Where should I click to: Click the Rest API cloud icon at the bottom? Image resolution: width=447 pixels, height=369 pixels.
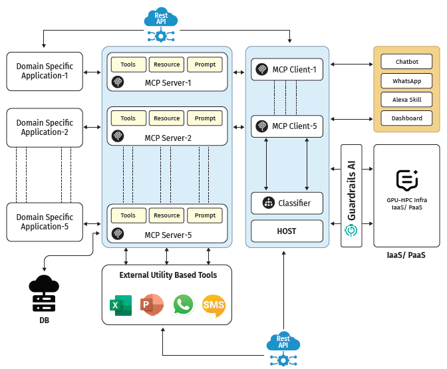pos(283,345)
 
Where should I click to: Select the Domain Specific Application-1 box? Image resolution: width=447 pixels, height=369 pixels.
pos(45,71)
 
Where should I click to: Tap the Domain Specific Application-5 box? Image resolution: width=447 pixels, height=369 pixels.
pos(45,222)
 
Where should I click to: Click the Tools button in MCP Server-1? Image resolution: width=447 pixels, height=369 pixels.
pos(128,64)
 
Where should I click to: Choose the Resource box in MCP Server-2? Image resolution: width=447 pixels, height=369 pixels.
pos(166,118)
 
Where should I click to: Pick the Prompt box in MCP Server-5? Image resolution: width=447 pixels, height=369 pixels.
pos(205,215)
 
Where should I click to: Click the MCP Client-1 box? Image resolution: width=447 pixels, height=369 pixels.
pos(287,70)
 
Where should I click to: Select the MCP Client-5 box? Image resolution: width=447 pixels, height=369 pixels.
pos(287,126)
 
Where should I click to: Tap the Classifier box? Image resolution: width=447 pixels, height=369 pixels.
pos(287,203)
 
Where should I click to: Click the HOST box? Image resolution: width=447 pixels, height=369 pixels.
pos(287,231)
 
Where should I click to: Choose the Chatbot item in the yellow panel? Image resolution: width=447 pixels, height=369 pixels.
pos(406,62)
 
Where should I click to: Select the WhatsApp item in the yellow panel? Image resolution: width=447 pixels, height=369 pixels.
pos(406,81)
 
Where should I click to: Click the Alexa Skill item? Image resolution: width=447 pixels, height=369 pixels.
pos(406,100)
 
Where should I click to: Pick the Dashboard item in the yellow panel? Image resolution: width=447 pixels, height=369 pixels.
pos(406,118)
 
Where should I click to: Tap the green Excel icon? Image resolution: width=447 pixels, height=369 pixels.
pos(120,305)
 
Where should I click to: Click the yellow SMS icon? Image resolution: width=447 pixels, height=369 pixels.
pos(214,306)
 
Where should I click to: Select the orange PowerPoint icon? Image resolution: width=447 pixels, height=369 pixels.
pos(152,305)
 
